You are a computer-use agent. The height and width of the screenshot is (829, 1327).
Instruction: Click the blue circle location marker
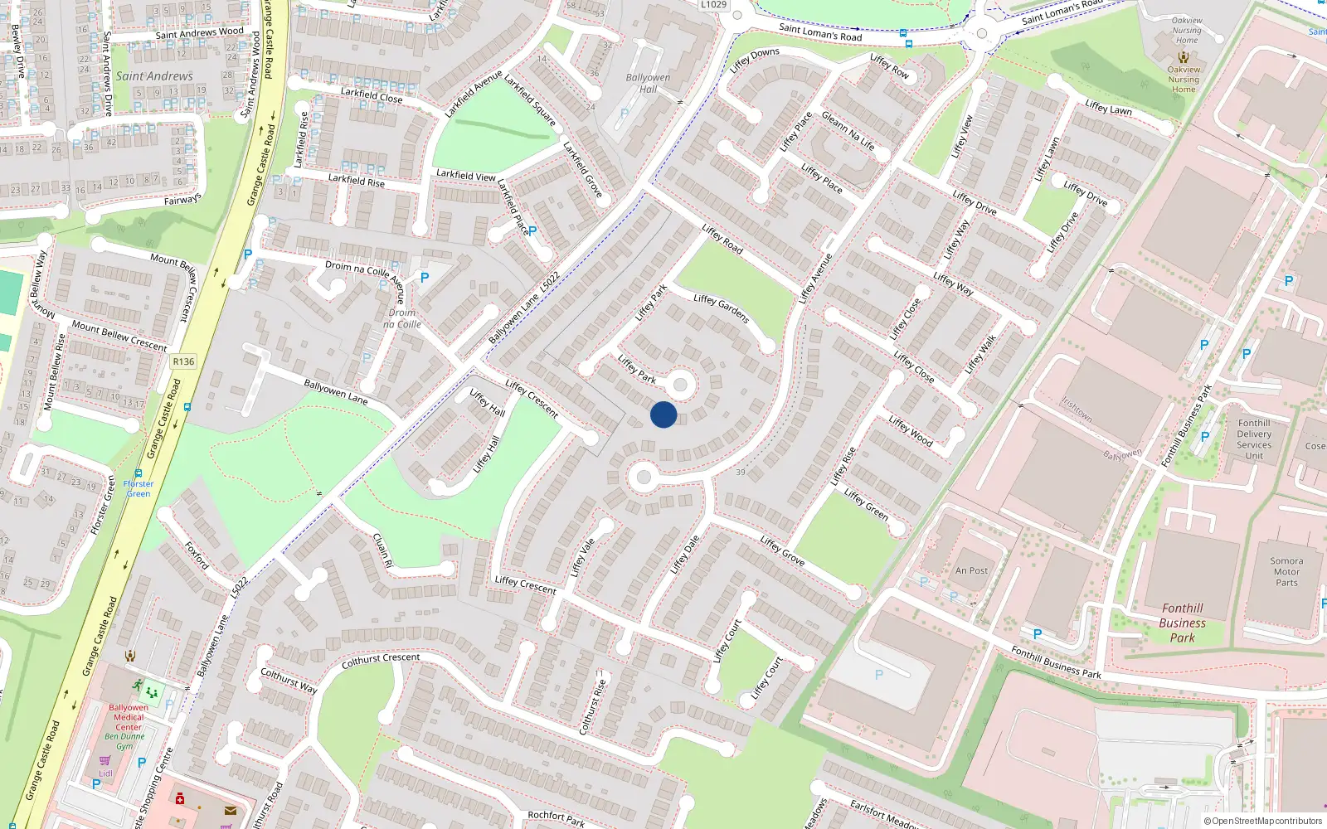coord(663,414)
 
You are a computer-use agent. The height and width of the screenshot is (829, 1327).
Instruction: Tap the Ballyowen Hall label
coord(648,83)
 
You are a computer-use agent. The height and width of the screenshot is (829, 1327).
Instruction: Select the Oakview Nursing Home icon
coord(1184,57)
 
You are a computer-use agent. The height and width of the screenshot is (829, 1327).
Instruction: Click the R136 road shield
coord(183,361)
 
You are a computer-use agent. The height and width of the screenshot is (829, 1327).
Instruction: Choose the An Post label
coord(971,570)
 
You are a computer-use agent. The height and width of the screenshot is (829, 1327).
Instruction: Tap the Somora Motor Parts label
coord(1286,571)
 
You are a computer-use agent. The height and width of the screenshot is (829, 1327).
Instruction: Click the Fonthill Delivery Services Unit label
coord(1254,439)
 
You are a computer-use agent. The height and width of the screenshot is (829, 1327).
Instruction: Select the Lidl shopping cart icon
coord(105,760)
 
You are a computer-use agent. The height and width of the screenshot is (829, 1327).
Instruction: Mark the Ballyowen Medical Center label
coord(129,717)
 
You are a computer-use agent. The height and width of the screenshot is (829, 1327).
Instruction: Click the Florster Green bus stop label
coord(139,488)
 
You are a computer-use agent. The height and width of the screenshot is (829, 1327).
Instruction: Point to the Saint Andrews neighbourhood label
coord(154,76)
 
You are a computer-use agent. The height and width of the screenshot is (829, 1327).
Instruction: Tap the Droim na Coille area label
coord(402,318)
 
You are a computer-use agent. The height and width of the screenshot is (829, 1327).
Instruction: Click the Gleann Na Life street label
coord(848,131)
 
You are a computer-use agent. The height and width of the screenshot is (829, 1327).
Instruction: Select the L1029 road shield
coord(713,5)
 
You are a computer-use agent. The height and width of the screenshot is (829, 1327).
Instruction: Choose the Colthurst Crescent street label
coord(381,660)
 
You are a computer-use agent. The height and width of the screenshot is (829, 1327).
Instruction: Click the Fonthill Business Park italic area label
coord(1183,623)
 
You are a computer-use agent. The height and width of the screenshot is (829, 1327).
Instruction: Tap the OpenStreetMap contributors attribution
coord(1263,821)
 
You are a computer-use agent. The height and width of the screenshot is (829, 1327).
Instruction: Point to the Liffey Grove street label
coord(782,550)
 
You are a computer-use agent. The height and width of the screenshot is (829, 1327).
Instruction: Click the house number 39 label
coord(741,472)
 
